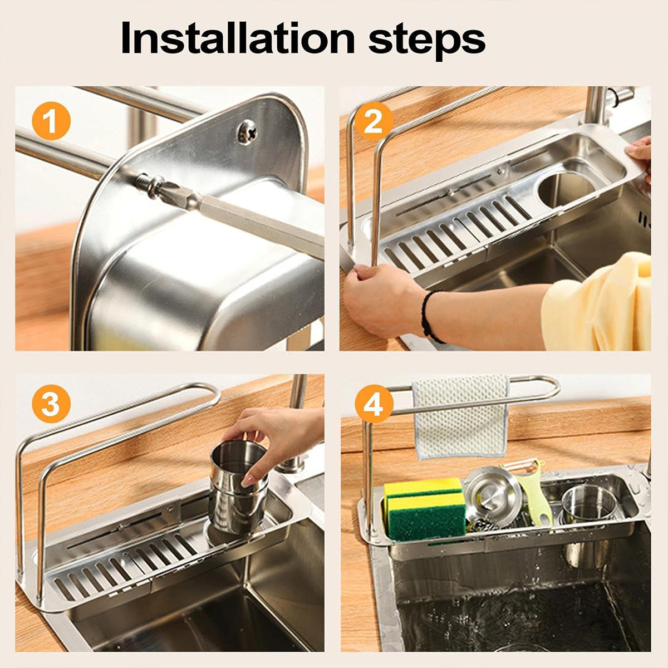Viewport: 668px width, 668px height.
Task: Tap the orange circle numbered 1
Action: pyautogui.click(x=51, y=122)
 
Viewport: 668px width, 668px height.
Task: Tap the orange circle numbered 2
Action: pyautogui.click(x=374, y=122)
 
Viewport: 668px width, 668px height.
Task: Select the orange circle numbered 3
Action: pyautogui.click(x=51, y=405)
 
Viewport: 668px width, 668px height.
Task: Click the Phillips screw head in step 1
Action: pyautogui.click(x=247, y=131)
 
